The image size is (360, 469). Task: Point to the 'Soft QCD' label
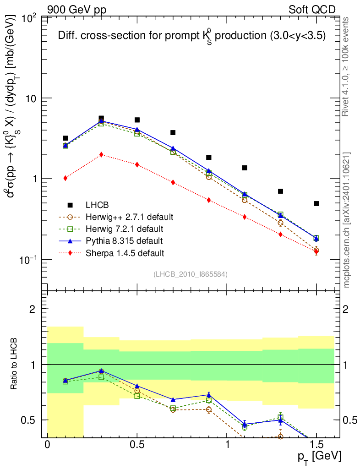[x=312, y=9]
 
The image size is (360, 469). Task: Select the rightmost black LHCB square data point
[x=316, y=203]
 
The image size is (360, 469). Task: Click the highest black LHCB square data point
[x=101, y=119]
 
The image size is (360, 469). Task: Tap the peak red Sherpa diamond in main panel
[x=101, y=154]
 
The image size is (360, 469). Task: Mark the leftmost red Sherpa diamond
[x=65, y=178]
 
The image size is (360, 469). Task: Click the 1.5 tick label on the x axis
[x=316, y=445]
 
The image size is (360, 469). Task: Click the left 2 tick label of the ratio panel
[x=33, y=309]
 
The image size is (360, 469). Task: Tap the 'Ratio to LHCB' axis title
[x=15, y=364]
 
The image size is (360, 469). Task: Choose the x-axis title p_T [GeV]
[x=319, y=457]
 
